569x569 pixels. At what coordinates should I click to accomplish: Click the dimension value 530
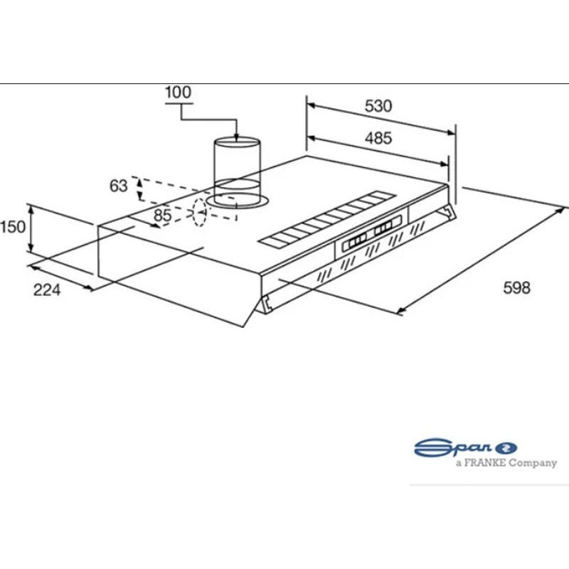(x=378, y=106)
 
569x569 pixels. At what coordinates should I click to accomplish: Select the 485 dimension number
(x=378, y=139)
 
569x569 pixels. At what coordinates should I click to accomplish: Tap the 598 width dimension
(x=516, y=288)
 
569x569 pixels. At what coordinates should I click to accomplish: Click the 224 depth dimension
(x=46, y=289)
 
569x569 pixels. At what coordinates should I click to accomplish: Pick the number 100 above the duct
(x=178, y=92)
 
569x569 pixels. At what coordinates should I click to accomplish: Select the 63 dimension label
(x=118, y=186)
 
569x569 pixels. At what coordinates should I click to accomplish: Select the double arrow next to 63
(x=139, y=188)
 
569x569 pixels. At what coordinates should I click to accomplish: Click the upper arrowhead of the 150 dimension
(x=30, y=207)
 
